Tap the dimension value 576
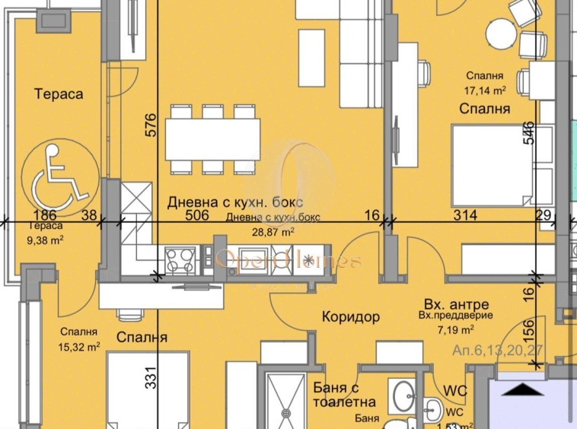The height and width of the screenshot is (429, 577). [x=150, y=125]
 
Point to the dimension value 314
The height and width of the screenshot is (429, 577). [x=464, y=215]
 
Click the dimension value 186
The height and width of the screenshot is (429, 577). [x=46, y=215]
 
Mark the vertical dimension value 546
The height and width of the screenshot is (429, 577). [x=529, y=133]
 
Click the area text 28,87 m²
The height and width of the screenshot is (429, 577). [x=273, y=234]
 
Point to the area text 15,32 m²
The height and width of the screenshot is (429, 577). [x=80, y=347]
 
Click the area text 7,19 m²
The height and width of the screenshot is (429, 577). [x=456, y=329]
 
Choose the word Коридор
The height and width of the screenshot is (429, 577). [x=350, y=316]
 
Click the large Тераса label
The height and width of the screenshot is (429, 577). [x=58, y=94]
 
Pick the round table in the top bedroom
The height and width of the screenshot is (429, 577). [x=502, y=33]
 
